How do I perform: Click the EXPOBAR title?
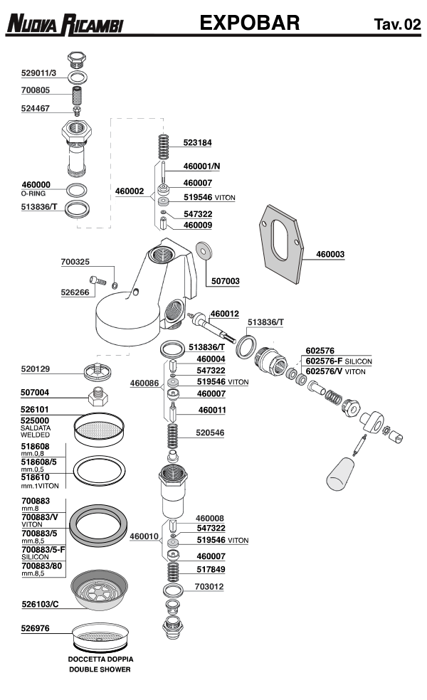click(x=250, y=23)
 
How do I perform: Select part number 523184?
click(x=197, y=142)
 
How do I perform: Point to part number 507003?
click(x=224, y=281)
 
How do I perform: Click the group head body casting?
click(x=142, y=299)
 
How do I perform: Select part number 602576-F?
click(x=326, y=361)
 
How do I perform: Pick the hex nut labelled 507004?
click(x=97, y=396)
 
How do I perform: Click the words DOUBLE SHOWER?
click(x=100, y=669)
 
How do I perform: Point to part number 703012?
click(x=209, y=587)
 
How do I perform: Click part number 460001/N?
click(x=202, y=166)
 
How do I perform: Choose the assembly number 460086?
click(x=144, y=383)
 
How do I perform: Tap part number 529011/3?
click(x=40, y=73)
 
